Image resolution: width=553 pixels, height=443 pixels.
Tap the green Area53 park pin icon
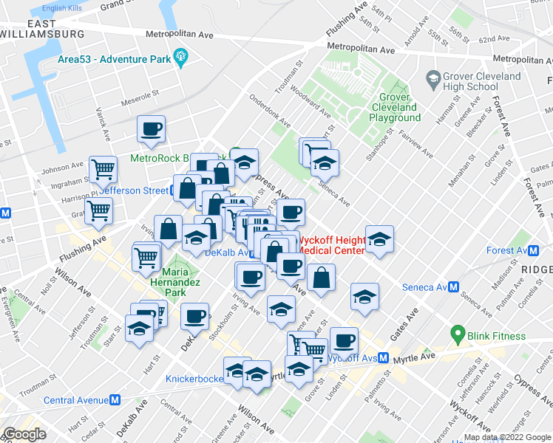180,58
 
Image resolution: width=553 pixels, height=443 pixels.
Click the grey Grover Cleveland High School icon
432,77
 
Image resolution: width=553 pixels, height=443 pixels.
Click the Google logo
24,434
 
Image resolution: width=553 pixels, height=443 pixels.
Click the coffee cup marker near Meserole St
151,129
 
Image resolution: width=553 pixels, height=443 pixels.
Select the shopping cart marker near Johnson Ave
103,169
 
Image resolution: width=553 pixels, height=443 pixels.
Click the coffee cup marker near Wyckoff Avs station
344,340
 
